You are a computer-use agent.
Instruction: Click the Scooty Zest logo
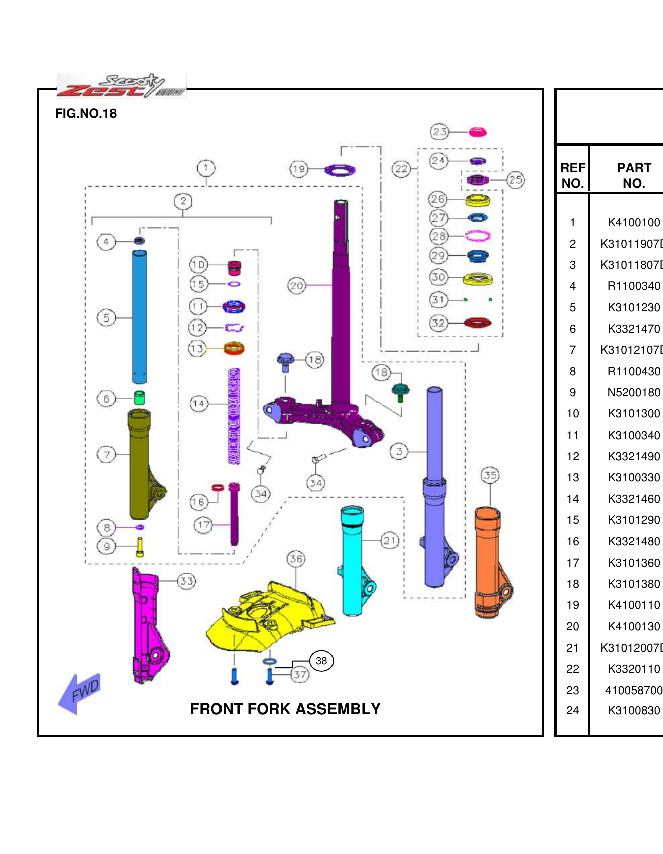pyautogui.click(x=121, y=86)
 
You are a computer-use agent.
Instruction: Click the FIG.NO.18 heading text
pyautogui.click(x=86, y=114)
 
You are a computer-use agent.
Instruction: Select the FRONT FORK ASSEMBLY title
pyautogui.click(x=285, y=709)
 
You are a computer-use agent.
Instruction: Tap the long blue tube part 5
pyautogui.click(x=139, y=316)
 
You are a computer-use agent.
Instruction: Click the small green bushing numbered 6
pyautogui.click(x=140, y=398)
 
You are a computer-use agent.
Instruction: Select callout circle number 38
pyautogui.click(x=321, y=661)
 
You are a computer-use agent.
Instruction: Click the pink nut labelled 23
pyautogui.click(x=477, y=132)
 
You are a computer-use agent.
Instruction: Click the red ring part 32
pyautogui.click(x=477, y=323)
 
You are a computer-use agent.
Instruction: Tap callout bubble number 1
pyautogui.click(x=206, y=168)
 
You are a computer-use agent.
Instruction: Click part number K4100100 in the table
pyautogui.click(x=633, y=222)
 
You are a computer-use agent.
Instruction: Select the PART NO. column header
pyautogui.click(x=633, y=175)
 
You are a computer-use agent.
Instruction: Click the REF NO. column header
pyautogui.click(x=572, y=175)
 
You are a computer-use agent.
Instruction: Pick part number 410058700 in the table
pyautogui.click(x=633, y=690)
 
